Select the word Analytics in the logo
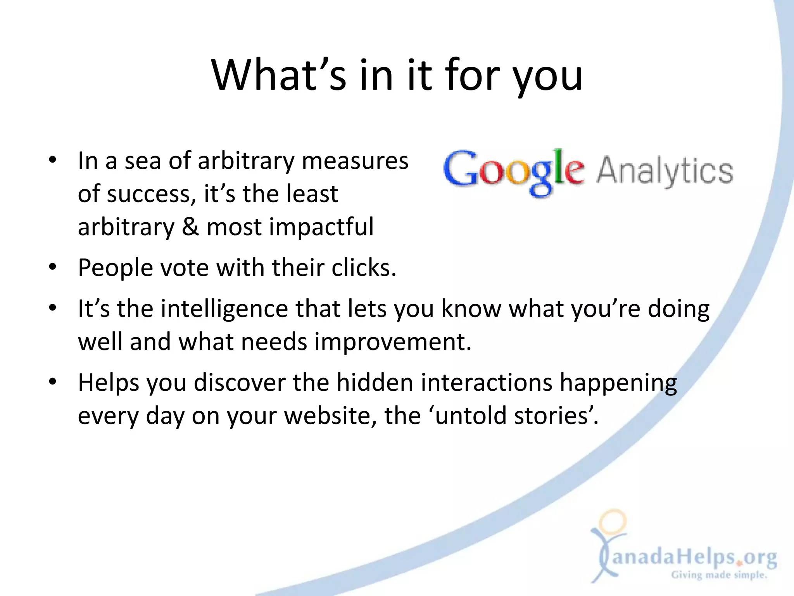[x=665, y=172]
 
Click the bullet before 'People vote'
[x=53, y=267]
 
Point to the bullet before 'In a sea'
[x=53, y=161]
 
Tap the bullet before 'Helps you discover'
[x=53, y=382]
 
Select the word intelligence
[x=224, y=309]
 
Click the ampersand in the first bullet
[x=190, y=227]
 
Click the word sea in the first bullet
[x=142, y=161]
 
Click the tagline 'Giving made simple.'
[x=719, y=575]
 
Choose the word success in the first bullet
[x=148, y=194]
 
